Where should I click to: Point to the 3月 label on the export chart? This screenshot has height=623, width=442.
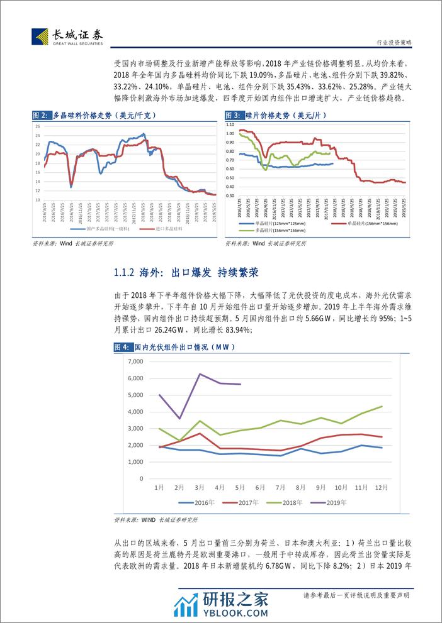200,487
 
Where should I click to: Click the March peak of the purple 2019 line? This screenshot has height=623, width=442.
200,374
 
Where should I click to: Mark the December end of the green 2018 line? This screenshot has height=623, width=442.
382,406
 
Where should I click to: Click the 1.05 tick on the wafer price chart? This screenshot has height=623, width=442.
229,125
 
